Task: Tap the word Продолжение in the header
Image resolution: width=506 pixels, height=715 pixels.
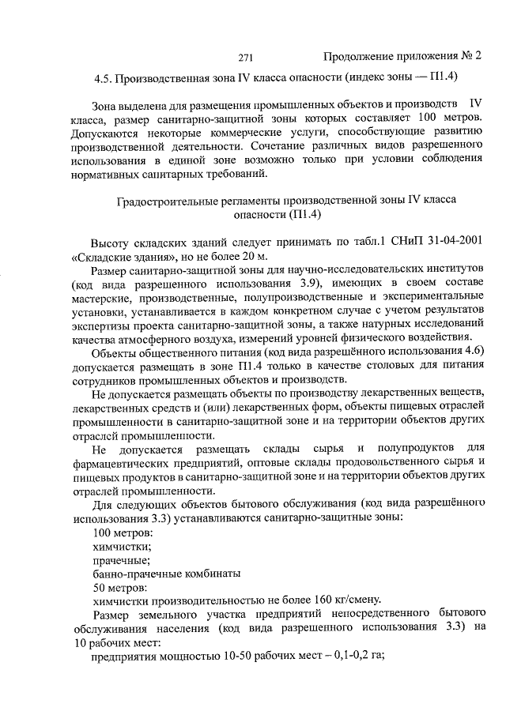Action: pos(358,57)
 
